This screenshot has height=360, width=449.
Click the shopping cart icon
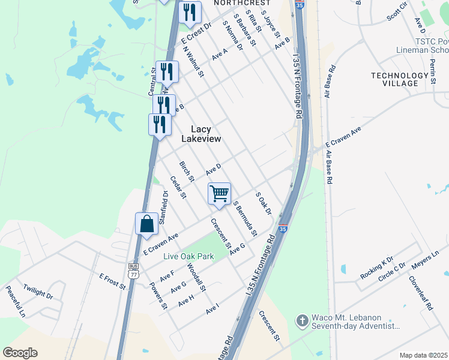220,194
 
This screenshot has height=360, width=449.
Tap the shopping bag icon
147,224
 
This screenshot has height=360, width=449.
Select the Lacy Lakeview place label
206,134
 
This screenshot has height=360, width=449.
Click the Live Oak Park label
189,256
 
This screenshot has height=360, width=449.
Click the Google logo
20,353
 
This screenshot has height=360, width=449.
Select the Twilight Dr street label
38,292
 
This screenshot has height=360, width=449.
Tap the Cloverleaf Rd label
421,292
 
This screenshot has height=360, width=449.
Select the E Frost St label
112,281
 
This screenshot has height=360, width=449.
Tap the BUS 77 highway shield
133,271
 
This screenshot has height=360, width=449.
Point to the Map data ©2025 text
423,355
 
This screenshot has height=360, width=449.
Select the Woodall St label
196,277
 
